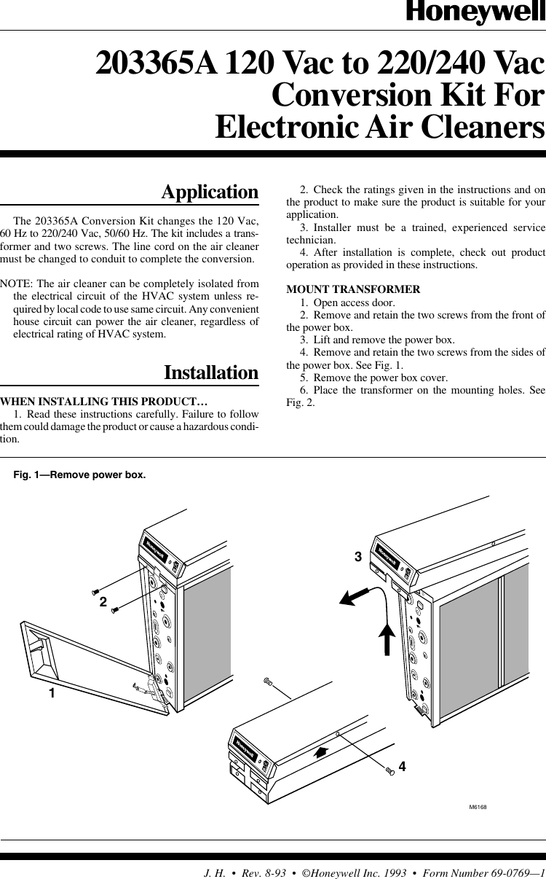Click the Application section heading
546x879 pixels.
tap(210, 192)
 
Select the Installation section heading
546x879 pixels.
tap(211, 372)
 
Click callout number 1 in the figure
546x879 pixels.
tap(52, 693)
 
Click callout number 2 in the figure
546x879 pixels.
tap(103, 603)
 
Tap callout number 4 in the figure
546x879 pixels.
tap(402, 767)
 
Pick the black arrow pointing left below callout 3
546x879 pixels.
tap(353, 597)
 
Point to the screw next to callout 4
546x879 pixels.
tap(390, 770)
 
